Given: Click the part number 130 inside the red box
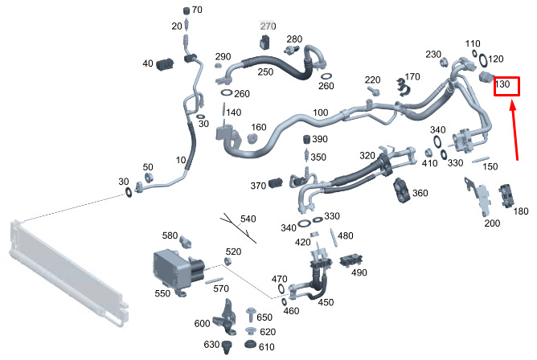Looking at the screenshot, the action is (x=502, y=84).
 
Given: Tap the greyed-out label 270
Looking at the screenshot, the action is (x=268, y=26).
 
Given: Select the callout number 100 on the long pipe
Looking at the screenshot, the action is (x=321, y=112).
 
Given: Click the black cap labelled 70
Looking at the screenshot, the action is (x=187, y=10).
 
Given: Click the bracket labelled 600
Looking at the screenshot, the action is (x=226, y=317).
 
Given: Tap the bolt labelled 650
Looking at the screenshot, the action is (x=250, y=314).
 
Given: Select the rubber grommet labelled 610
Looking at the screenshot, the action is (x=251, y=344).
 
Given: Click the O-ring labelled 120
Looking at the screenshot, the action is (x=483, y=60).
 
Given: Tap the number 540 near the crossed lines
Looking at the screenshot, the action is (x=248, y=219).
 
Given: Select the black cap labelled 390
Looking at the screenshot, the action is (x=307, y=139).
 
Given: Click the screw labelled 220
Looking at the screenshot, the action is (x=374, y=91).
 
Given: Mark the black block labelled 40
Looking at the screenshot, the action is (x=165, y=64).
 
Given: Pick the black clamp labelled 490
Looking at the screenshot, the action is (x=352, y=261).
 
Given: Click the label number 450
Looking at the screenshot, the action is (x=326, y=302).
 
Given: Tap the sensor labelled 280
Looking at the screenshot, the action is (x=292, y=49).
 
